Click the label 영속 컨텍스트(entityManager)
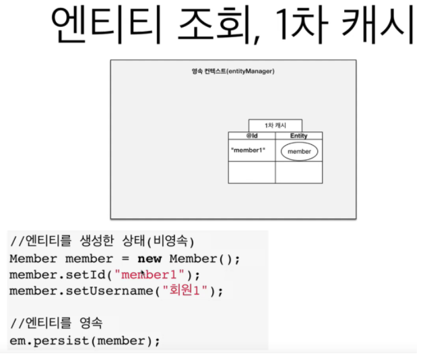point(233,71)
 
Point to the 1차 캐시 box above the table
point(275,125)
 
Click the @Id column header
point(252,136)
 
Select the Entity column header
point(298,136)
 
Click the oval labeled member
point(299,152)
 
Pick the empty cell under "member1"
point(252,173)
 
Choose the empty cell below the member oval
point(298,173)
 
